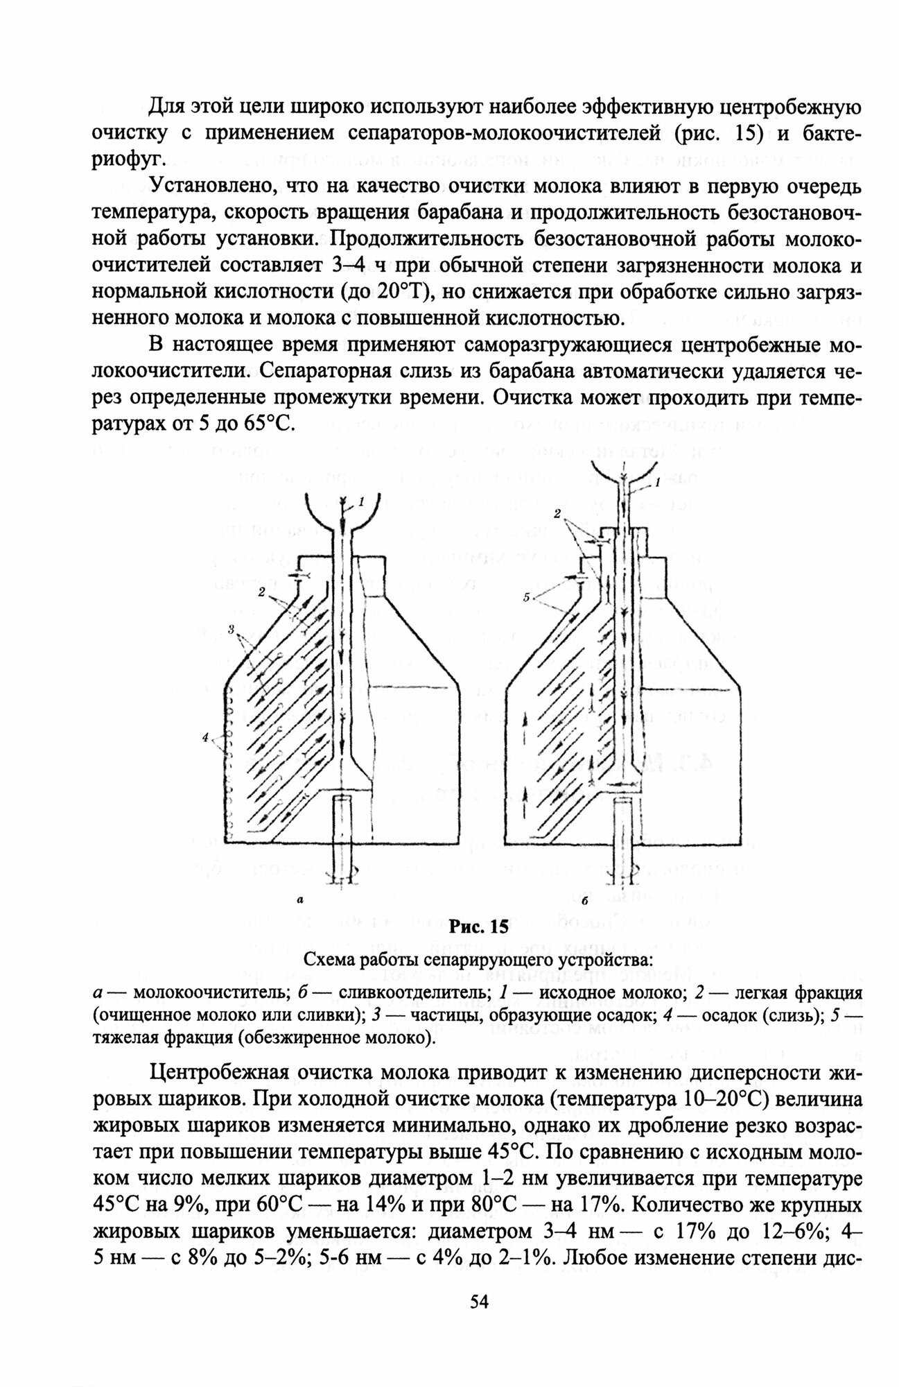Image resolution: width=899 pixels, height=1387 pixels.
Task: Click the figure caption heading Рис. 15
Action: (479, 927)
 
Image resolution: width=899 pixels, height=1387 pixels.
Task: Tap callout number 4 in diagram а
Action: (205, 739)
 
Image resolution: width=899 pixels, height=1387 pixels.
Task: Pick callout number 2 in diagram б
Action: (557, 513)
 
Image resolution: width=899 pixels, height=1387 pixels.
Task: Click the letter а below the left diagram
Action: (299, 900)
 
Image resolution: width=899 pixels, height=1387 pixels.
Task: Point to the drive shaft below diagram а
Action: (344, 839)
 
